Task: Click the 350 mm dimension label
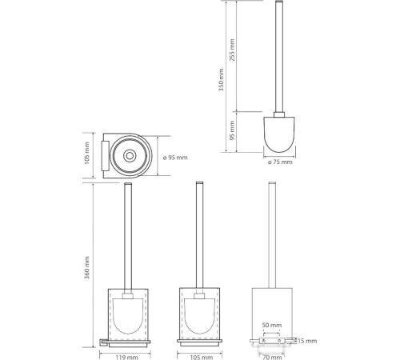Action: (x=221, y=80)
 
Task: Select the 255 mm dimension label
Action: (x=232, y=50)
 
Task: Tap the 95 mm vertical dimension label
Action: (x=232, y=130)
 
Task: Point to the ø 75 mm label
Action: (x=280, y=162)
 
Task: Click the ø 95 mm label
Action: (x=175, y=158)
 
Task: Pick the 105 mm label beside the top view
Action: (x=87, y=153)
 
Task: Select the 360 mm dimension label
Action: (x=87, y=267)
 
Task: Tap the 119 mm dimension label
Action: (x=126, y=357)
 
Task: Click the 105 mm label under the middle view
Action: (x=202, y=357)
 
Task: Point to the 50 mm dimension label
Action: (x=272, y=325)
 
